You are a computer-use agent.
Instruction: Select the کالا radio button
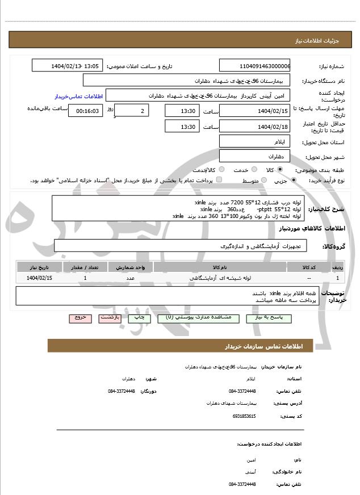pos(279,170)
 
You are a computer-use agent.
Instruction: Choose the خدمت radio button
pos(253,170)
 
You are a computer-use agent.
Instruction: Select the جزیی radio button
pos(294,181)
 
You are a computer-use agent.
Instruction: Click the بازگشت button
pos(110,318)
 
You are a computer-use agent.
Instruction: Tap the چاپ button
pos(139,318)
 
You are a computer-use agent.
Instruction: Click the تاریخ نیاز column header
pos(40,267)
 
